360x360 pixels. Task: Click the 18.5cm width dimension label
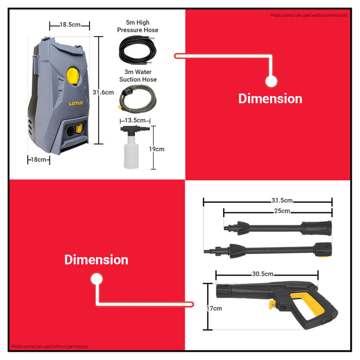pyautogui.click(x=69, y=25)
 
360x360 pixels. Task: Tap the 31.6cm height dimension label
pyautogui.click(x=103, y=92)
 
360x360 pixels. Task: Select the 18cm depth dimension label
pyautogui.click(x=39, y=160)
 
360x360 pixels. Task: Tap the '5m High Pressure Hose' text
pyautogui.click(x=137, y=27)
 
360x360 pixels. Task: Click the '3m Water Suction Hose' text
pyautogui.click(x=138, y=76)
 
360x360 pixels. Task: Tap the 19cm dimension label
pyautogui.click(x=157, y=149)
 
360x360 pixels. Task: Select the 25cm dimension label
pyautogui.click(x=281, y=211)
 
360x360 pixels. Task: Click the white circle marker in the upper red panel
pyautogui.click(x=271, y=81)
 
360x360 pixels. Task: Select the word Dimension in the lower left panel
pyautogui.click(x=96, y=260)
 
